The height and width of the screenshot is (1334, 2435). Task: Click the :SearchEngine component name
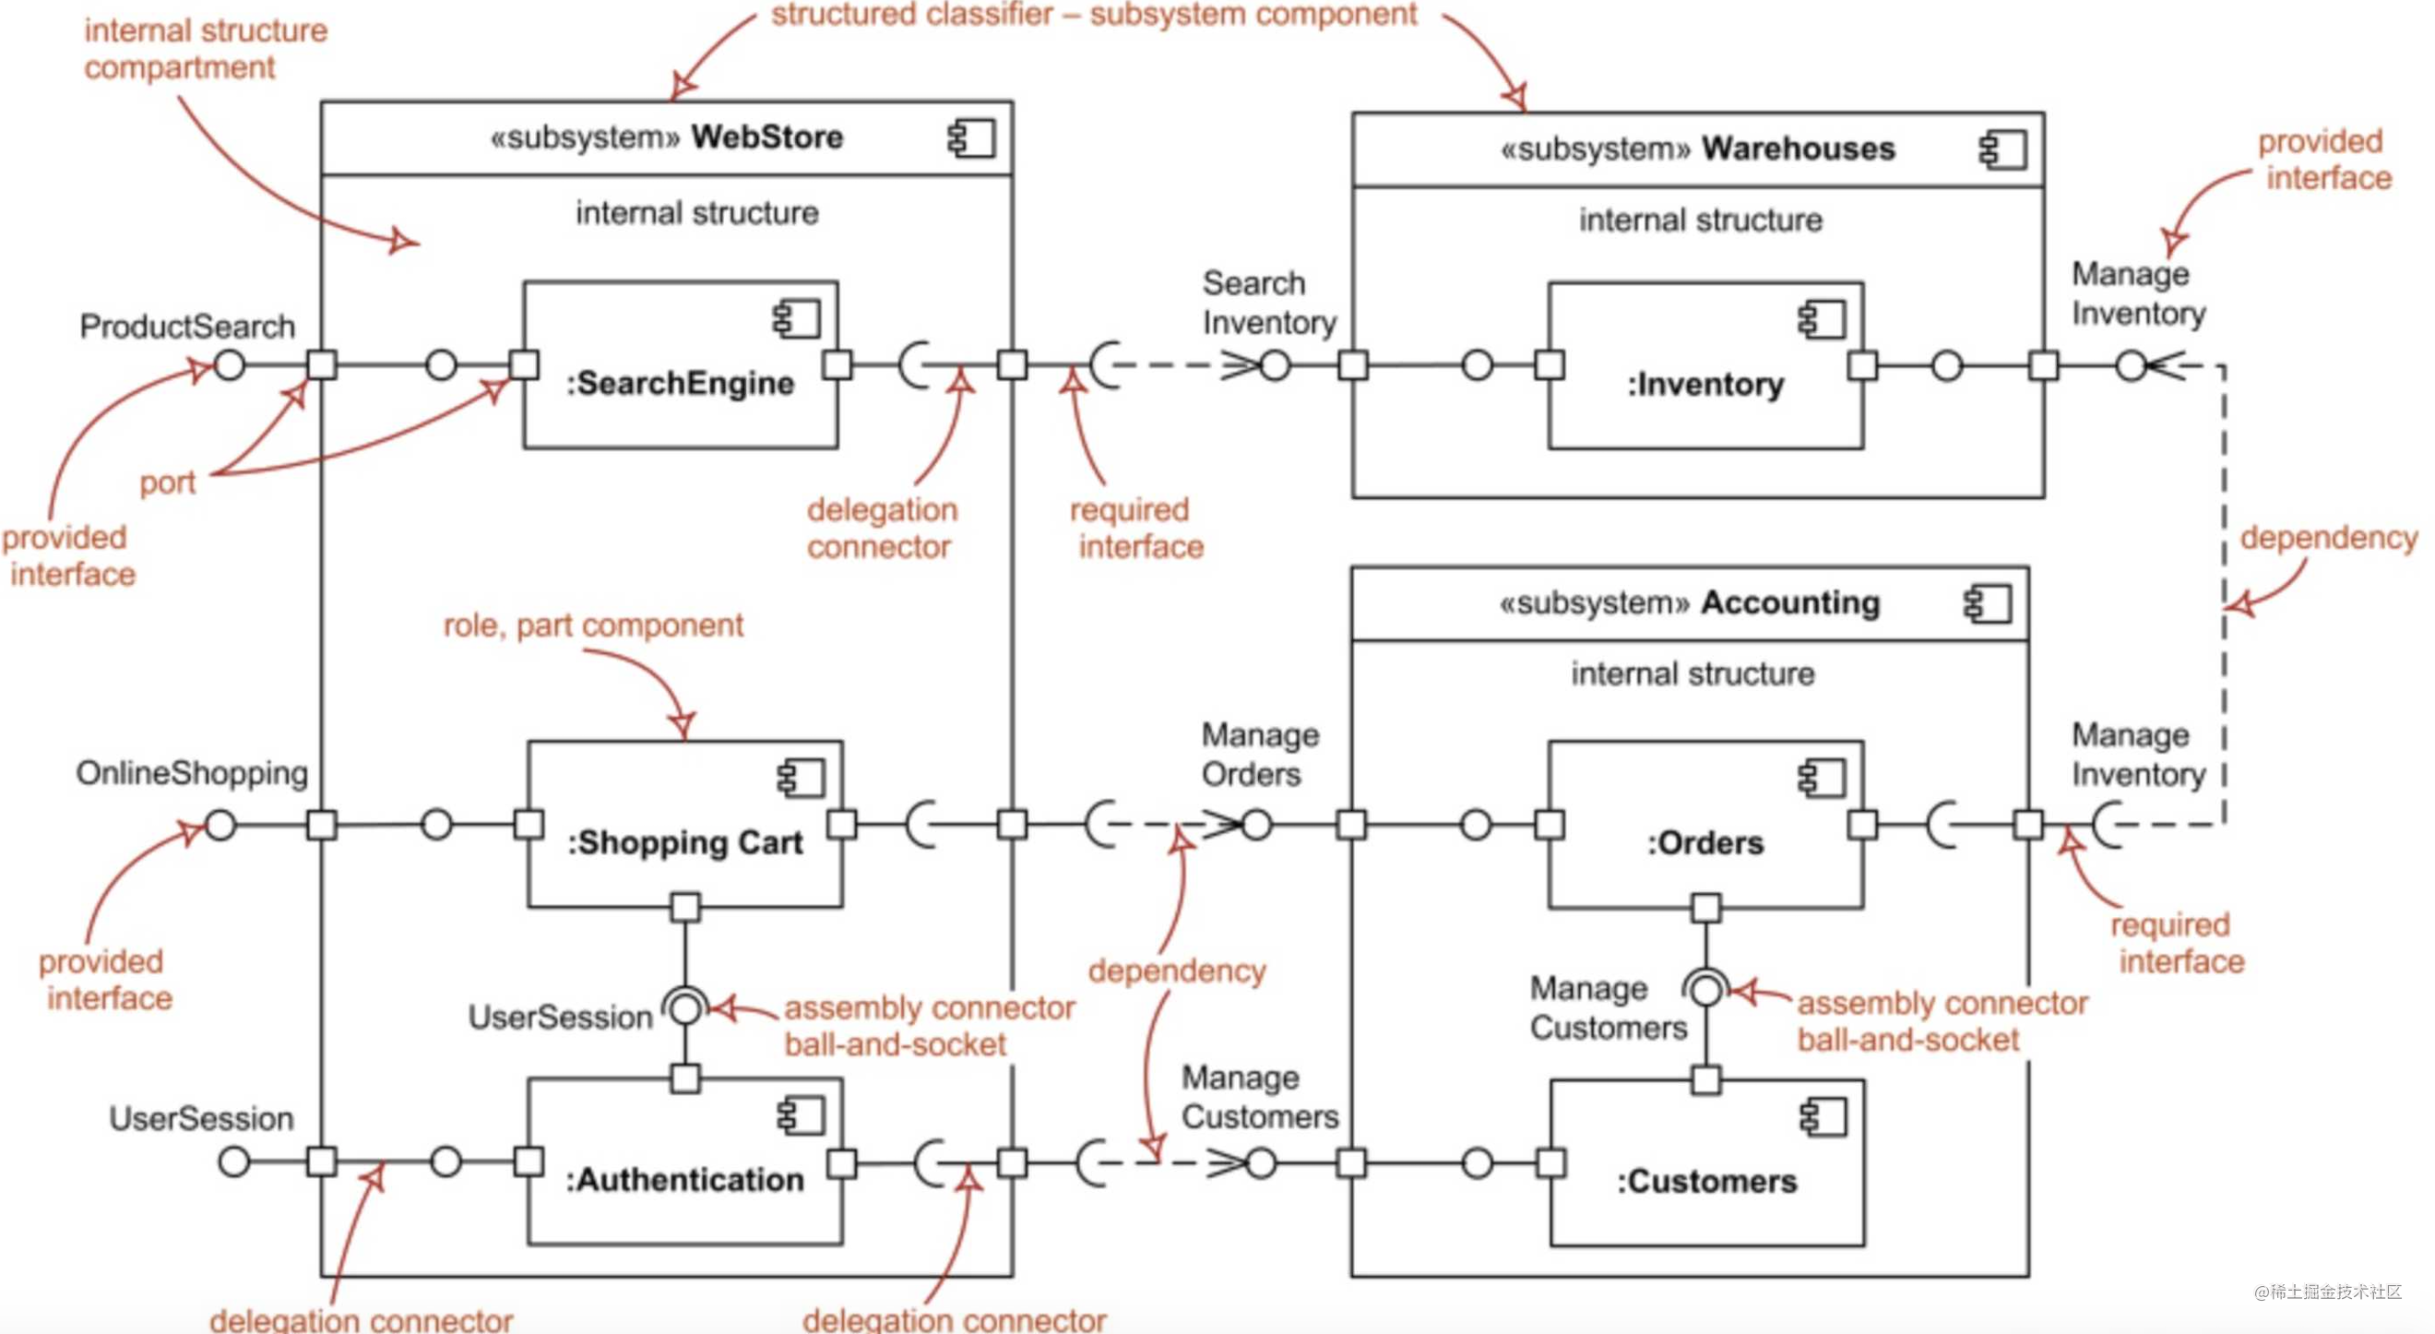tap(680, 383)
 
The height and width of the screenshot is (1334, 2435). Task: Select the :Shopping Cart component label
tap(684, 842)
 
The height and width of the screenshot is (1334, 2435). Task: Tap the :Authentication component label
tap(684, 1180)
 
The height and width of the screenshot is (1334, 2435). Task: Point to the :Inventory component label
tap(1705, 384)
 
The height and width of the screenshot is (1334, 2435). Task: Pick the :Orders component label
tap(1705, 842)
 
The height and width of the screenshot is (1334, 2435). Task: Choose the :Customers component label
tap(1706, 1181)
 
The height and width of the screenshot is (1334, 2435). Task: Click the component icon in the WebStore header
tap(972, 139)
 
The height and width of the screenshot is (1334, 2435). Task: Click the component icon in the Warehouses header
tap(2002, 150)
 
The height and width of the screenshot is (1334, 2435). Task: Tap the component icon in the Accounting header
tap(1988, 604)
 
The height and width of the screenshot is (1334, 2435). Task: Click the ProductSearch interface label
tap(187, 327)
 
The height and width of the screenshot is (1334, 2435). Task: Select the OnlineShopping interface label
tap(192, 772)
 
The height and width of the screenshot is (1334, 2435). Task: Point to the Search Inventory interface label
tap(1268, 303)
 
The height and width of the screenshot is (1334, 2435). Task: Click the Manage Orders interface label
tap(1260, 755)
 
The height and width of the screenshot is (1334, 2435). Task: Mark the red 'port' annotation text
tap(167, 483)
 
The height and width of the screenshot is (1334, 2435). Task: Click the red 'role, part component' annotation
tap(593, 625)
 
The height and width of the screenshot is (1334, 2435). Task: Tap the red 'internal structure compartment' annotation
tap(205, 48)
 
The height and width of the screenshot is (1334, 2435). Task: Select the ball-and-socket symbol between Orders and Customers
tap(1706, 990)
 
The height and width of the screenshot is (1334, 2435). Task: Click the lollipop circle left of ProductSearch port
tap(230, 365)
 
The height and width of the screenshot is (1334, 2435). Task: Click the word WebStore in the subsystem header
tap(766, 137)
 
